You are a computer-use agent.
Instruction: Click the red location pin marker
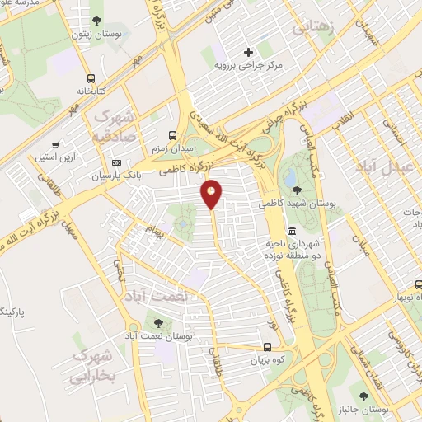point(212,194)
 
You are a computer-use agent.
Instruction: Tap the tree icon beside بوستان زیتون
point(98,20)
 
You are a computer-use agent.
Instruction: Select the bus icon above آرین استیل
point(55,143)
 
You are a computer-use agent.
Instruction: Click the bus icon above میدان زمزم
point(171,135)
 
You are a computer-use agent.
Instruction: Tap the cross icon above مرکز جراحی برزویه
point(248,52)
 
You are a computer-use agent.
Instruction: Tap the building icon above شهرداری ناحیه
point(291,230)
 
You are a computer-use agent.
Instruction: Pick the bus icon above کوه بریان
point(268,347)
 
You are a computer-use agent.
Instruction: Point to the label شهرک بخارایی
point(91,368)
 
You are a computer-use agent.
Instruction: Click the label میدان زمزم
point(171,148)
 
